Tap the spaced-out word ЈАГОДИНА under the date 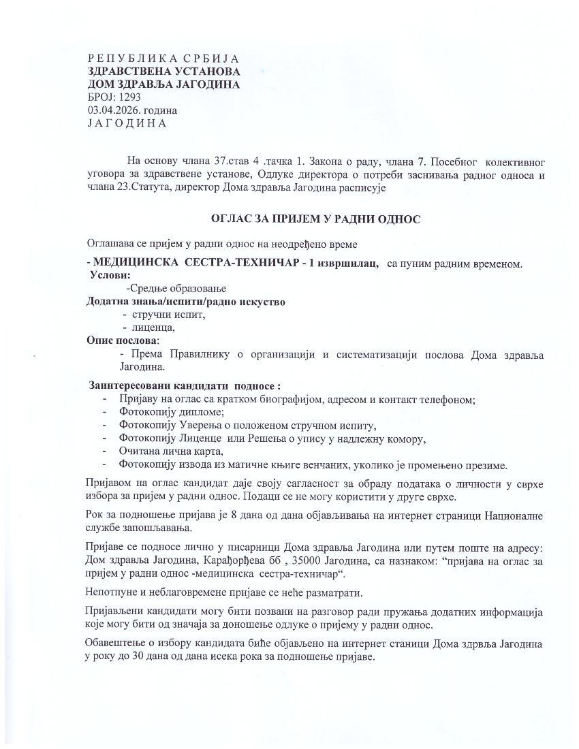point(127,123)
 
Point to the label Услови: point(109,275)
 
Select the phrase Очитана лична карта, point(172,451)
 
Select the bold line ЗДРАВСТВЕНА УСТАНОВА point(163,71)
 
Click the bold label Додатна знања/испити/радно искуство point(185,301)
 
